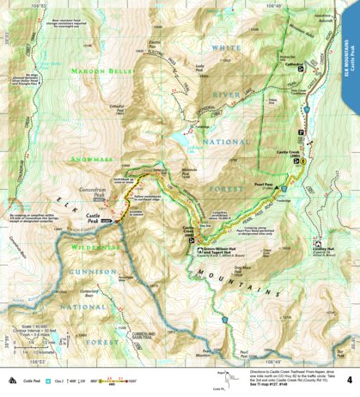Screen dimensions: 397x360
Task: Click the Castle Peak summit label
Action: pyautogui.click(x=96, y=217)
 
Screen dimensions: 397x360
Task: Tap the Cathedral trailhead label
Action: pyautogui.click(x=296, y=63)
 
